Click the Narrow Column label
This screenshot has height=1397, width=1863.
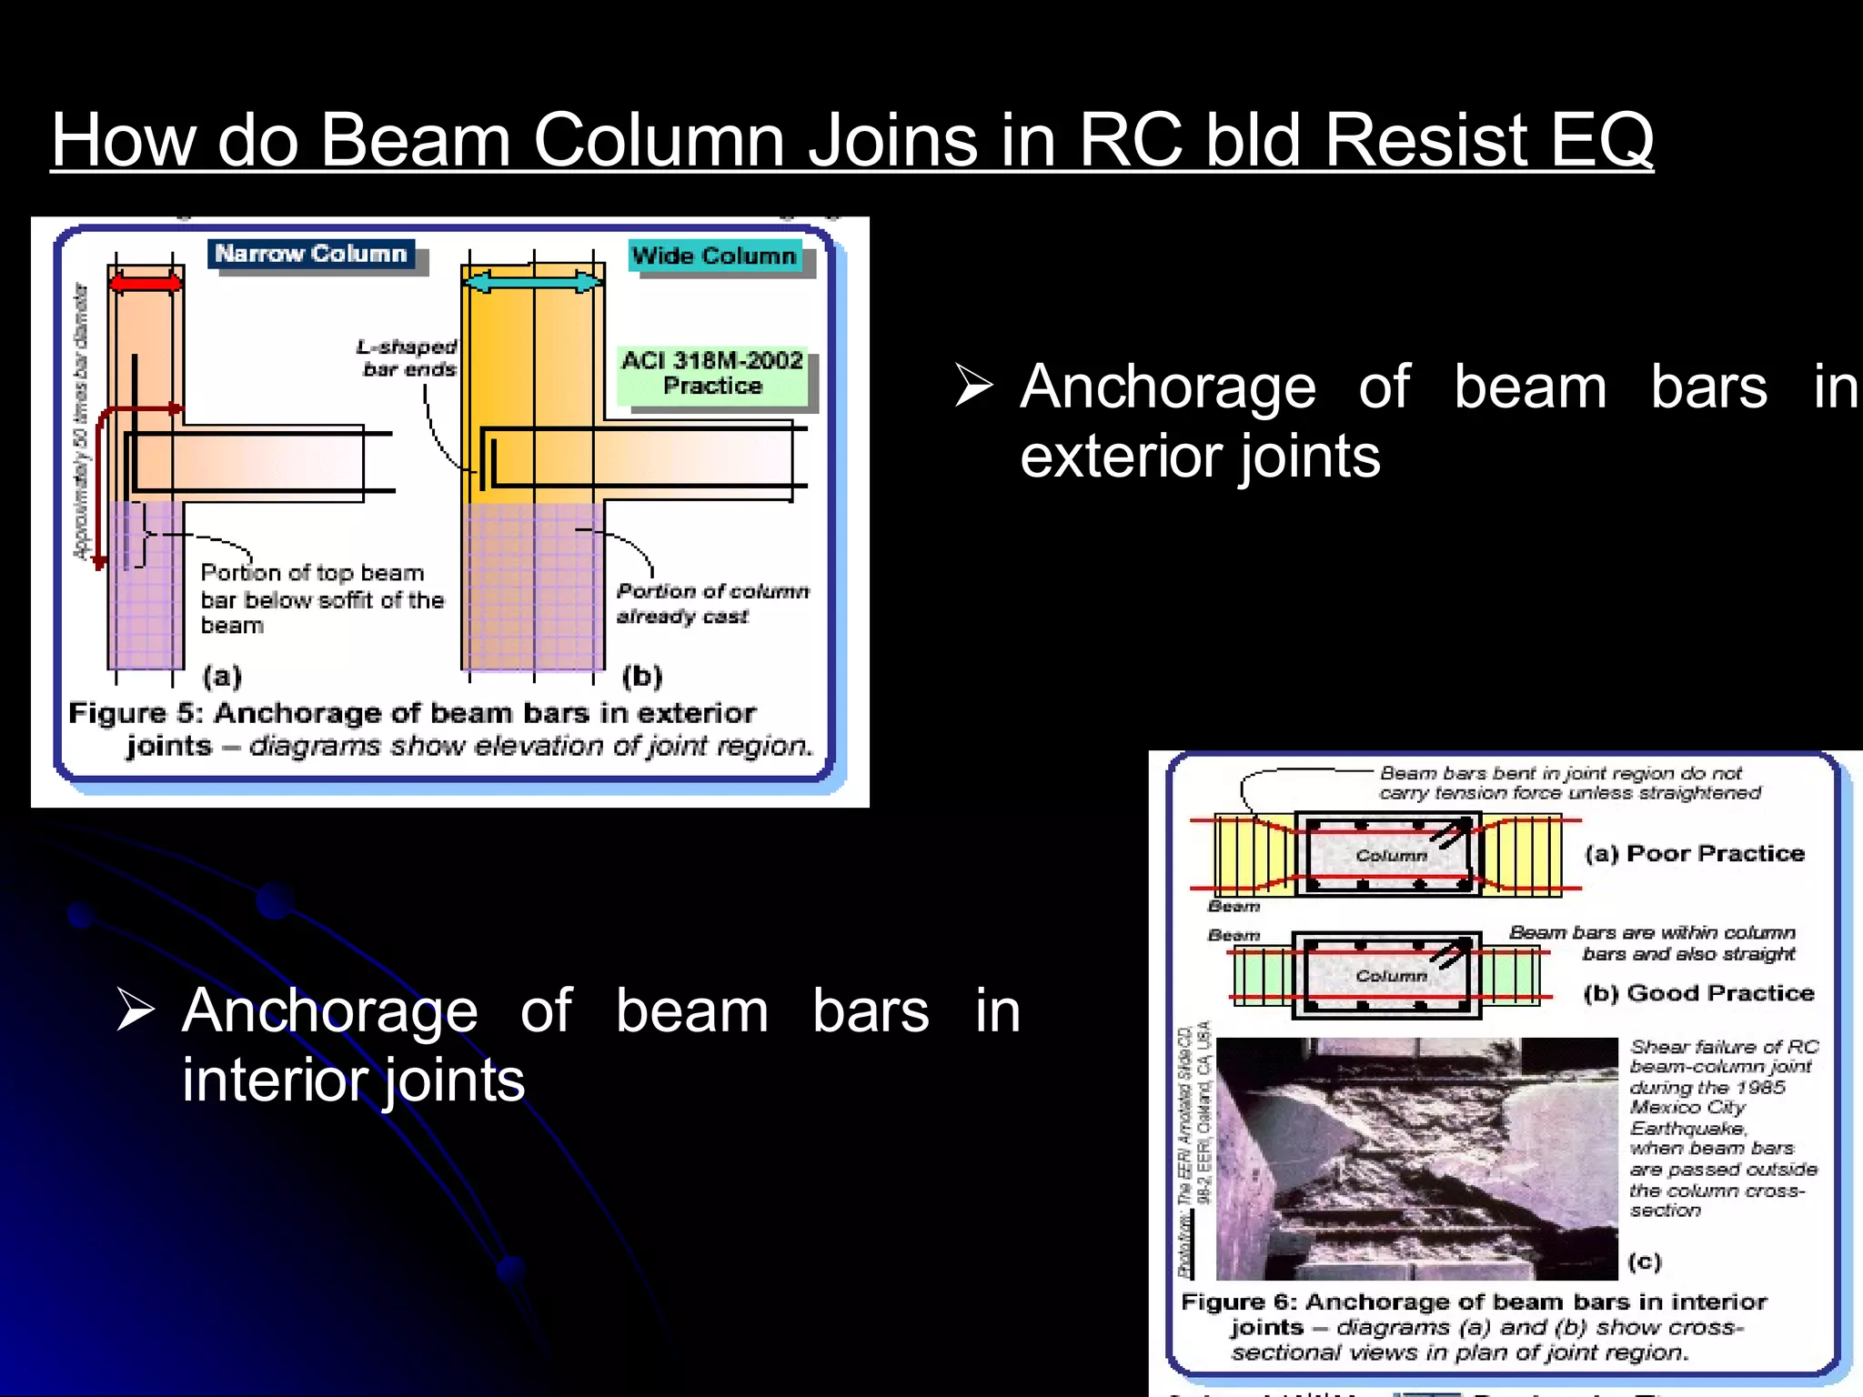click(310, 254)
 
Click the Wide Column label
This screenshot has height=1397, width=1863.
click(714, 256)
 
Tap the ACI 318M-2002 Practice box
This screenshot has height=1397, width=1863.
click(712, 374)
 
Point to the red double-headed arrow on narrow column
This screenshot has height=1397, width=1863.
click(146, 284)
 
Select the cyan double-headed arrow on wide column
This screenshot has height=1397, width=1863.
click(533, 283)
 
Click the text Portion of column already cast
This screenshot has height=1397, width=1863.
click(712, 603)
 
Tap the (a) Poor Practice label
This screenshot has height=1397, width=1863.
click(1695, 854)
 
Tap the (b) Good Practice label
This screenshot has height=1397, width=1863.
click(1698, 993)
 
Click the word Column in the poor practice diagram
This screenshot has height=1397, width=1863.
click(1391, 856)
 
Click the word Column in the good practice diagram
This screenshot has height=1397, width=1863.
click(1391, 976)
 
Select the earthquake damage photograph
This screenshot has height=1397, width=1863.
click(1416, 1158)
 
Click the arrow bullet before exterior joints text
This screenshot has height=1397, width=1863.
click(974, 386)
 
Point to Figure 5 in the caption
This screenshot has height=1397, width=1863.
click(136, 713)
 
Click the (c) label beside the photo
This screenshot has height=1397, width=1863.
click(1645, 1261)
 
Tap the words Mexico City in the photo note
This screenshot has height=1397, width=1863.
click(1687, 1108)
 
